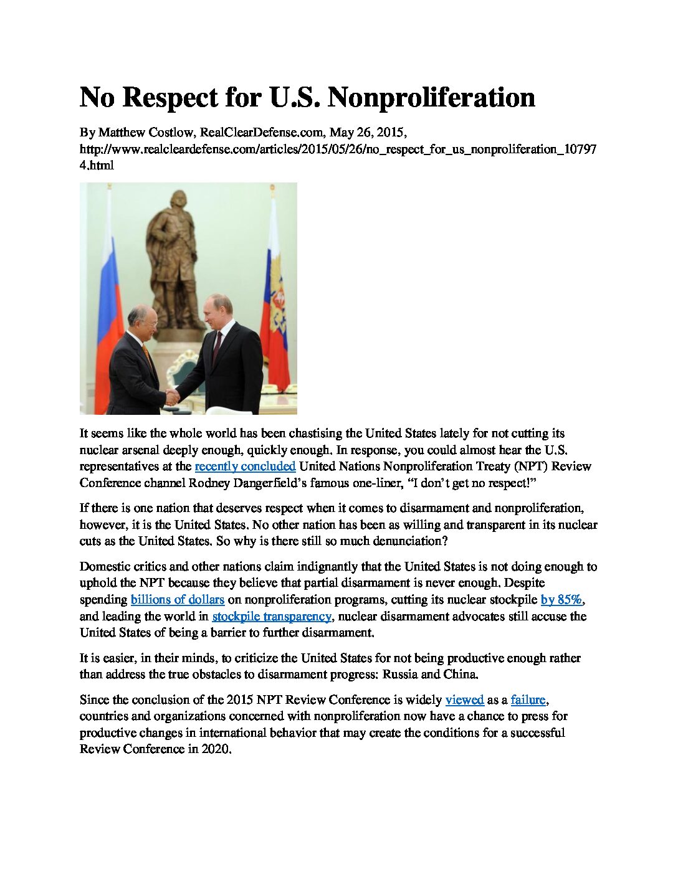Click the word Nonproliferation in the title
click(x=431, y=98)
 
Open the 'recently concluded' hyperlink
click(x=245, y=467)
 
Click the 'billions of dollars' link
click(x=177, y=600)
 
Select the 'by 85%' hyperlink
click(x=561, y=600)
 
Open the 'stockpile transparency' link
click(x=272, y=617)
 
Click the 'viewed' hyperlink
click(x=464, y=700)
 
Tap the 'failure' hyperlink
click(x=528, y=700)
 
